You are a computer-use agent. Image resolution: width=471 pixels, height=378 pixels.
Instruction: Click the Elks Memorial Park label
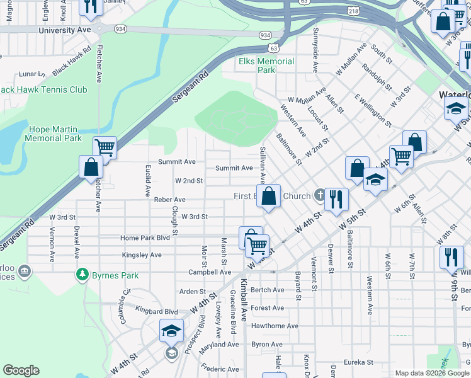[x=266, y=66]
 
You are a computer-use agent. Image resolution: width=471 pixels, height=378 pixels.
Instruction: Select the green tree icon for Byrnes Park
[x=81, y=275]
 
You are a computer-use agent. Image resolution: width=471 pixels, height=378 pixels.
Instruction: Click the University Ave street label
[x=64, y=30]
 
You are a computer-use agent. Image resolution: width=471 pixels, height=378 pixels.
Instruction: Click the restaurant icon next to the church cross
[x=336, y=199]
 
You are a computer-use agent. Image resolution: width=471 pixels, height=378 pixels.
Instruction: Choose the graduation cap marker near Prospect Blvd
[x=171, y=331]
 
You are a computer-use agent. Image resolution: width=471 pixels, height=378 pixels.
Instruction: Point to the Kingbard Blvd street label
[x=156, y=311]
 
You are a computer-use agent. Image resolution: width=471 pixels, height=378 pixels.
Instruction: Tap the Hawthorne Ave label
[x=275, y=326]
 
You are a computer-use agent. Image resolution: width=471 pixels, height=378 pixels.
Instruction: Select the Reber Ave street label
[x=169, y=200]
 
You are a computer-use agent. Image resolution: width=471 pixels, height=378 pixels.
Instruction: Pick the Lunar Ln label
[x=30, y=73]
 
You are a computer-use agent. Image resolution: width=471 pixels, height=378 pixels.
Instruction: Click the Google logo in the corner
[x=21, y=370]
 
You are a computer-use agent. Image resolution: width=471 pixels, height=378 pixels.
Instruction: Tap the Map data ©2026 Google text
[x=431, y=373]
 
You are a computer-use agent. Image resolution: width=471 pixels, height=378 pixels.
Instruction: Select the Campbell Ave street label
[x=210, y=272]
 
